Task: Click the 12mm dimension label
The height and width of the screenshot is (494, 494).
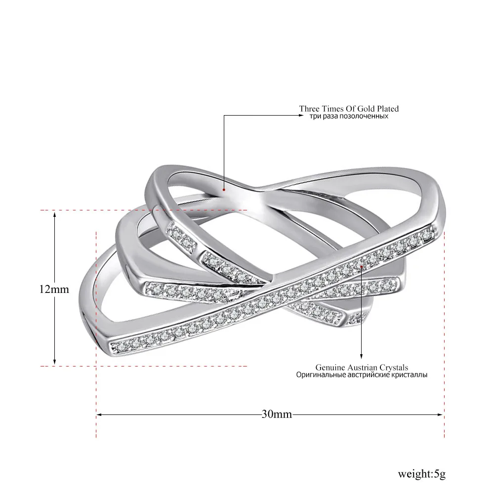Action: point(54,289)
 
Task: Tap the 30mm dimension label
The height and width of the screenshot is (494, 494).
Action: point(277,413)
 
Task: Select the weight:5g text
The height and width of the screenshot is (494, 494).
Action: point(421,474)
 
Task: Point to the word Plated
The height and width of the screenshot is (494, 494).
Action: point(388,109)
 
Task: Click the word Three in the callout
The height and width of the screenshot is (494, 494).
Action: point(309,109)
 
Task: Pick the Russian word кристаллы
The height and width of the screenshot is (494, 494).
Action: point(409,375)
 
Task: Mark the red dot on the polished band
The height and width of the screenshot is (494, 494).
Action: point(224,190)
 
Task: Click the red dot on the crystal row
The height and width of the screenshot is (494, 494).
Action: point(362,266)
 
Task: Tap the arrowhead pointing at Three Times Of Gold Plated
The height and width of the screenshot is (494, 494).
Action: point(300,115)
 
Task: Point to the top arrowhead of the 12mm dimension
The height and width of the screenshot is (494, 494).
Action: point(54,214)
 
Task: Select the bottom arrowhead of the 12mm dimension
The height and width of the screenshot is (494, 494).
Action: point(54,362)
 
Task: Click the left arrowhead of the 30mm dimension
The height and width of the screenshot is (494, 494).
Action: point(99,414)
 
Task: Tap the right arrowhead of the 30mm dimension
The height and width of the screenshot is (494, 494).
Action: point(441,414)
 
